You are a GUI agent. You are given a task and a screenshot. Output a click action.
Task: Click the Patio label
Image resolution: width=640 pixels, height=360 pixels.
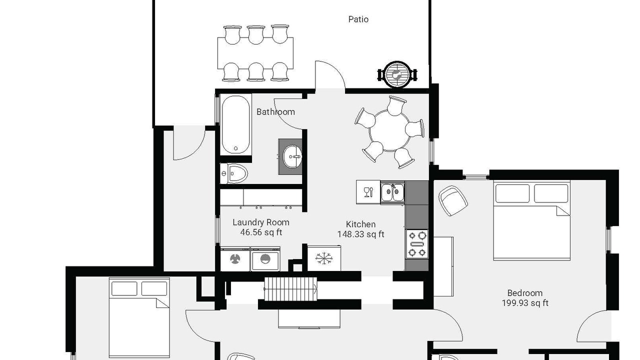(x=358, y=19)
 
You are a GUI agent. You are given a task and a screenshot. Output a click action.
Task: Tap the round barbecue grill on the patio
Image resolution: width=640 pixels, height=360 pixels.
(x=397, y=75)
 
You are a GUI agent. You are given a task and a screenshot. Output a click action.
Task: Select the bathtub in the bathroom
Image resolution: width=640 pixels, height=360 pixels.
(x=235, y=124)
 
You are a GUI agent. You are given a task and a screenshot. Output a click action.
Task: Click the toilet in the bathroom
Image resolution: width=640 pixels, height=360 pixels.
(x=233, y=173)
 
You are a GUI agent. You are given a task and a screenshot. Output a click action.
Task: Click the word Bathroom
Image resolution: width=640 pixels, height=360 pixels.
(x=275, y=111)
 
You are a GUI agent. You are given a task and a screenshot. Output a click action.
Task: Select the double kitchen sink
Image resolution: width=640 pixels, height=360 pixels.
(x=393, y=192)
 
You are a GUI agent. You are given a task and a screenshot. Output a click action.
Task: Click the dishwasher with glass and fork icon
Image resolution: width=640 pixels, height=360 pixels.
(x=368, y=191)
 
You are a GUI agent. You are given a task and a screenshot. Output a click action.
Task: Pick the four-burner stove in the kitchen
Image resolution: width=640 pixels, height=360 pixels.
(x=417, y=244)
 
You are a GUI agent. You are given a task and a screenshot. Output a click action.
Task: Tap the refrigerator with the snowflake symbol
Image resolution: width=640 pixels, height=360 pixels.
(x=324, y=258)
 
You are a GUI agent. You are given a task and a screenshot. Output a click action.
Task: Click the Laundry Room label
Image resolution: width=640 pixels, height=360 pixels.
(x=261, y=222)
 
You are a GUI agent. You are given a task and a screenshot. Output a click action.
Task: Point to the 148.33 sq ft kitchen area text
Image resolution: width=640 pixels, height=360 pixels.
(x=360, y=234)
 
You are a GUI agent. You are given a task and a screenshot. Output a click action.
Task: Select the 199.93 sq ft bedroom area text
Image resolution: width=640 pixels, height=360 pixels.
(x=525, y=303)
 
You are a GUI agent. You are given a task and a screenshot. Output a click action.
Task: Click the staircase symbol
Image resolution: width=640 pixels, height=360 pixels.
(x=290, y=289)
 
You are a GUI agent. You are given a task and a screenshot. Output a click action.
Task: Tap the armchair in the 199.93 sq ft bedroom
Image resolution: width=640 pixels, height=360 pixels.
(x=453, y=200)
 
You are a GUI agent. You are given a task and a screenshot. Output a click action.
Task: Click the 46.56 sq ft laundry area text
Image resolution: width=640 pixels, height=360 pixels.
(x=261, y=232)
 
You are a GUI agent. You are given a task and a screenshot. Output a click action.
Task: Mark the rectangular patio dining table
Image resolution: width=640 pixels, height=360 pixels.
(x=255, y=53)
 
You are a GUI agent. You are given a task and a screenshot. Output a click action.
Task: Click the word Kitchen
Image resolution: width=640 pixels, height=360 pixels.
(x=360, y=224)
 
